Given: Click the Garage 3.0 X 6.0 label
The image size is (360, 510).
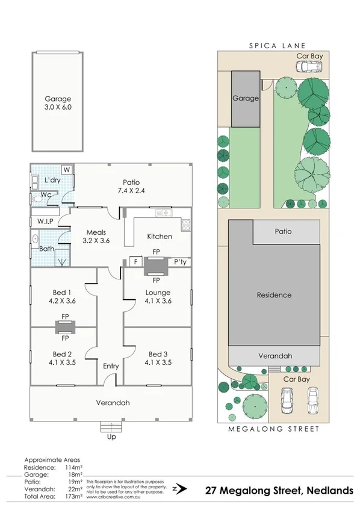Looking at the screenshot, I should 58,104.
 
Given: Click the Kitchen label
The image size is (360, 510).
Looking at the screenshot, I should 160,237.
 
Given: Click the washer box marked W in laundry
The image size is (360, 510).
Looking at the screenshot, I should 66,169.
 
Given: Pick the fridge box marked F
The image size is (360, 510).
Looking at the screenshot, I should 135,262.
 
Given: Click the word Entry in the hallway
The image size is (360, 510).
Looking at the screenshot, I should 111,366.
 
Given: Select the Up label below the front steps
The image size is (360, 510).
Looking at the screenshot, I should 111,437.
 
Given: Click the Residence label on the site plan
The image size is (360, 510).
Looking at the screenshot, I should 274,295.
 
